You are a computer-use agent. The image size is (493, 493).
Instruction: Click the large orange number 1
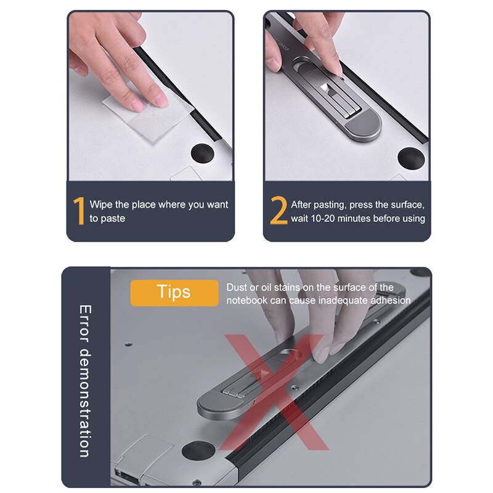point(79,211)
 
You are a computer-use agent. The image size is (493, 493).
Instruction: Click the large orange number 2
point(279,211)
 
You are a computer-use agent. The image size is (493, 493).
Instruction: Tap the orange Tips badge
point(174,292)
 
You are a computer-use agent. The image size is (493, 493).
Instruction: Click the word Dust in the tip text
point(237,287)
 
